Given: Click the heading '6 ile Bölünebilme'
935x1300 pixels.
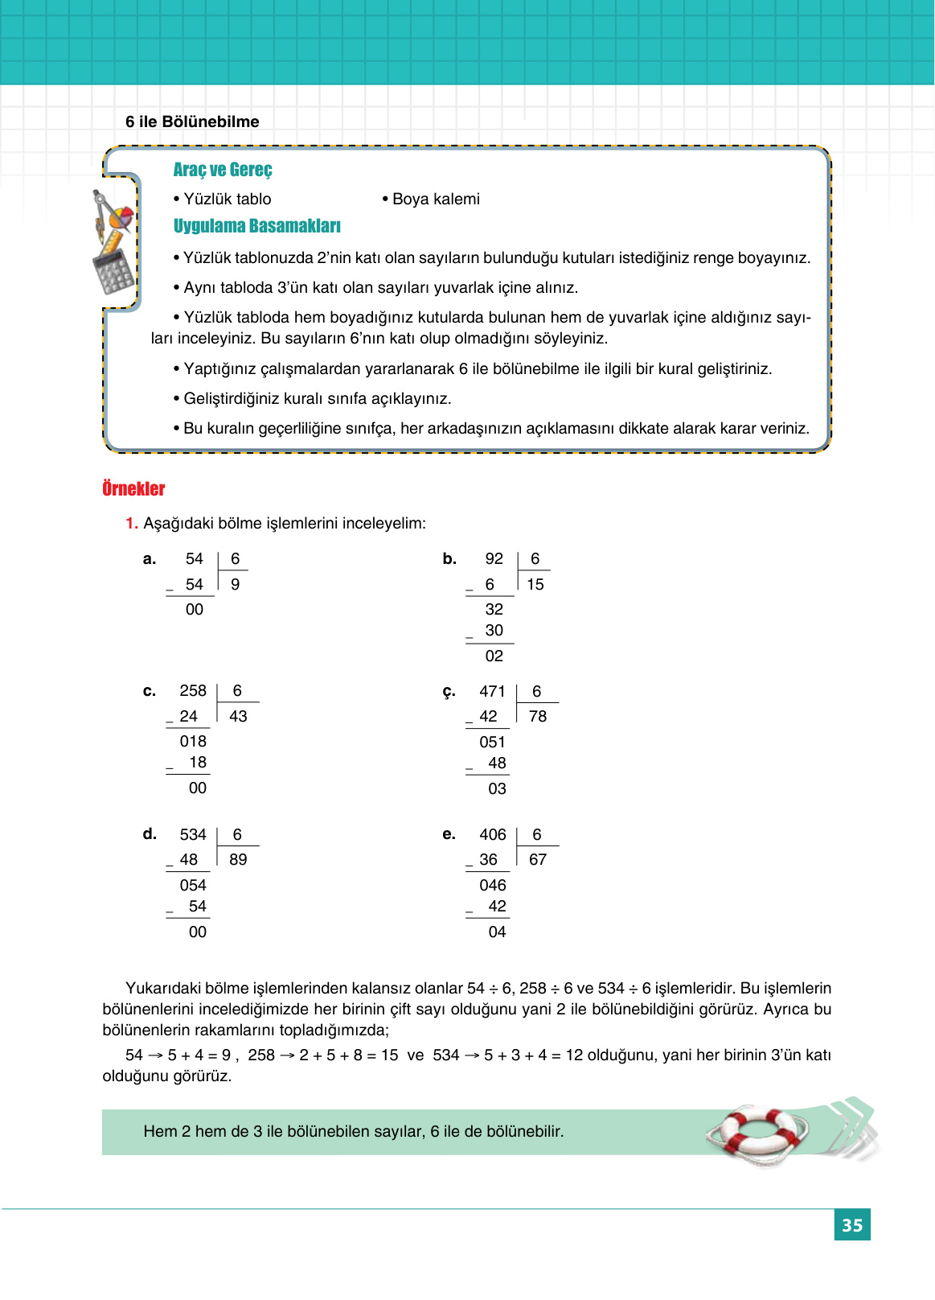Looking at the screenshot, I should tap(192, 121).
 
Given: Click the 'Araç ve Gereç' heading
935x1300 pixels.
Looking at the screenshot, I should tap(223, 170).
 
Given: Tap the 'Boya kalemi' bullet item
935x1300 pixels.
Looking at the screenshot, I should tap(432, 199).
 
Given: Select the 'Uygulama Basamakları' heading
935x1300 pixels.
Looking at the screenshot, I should tap(256, 226).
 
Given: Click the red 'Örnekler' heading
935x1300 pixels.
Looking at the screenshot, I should tap(133, 489).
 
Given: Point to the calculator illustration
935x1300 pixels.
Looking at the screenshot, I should tap(113, 271).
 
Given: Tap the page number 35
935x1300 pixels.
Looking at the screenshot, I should tap(851, 1225).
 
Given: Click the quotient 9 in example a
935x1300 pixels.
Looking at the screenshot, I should tap(235, 585).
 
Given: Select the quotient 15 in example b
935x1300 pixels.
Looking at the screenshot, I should tap(535, 585).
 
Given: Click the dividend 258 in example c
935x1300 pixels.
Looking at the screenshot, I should tap(193, 691).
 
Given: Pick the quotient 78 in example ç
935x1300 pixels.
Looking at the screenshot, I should tap(538, 717).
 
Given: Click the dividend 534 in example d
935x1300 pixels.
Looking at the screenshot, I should tap(193, 835).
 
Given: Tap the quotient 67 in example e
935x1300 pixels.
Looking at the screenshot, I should tap(538, 860).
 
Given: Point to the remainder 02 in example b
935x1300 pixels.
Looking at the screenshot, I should tap(494, 656).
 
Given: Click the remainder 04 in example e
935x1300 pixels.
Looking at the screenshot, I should tap(498, 932).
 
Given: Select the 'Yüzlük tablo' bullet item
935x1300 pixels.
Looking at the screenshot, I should tap(223, 199).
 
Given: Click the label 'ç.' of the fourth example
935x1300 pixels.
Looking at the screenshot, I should tap(449, 692).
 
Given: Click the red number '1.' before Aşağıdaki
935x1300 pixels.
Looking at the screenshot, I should tap(132, 524).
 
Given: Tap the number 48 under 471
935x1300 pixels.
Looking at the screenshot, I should tap(498, 763).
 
